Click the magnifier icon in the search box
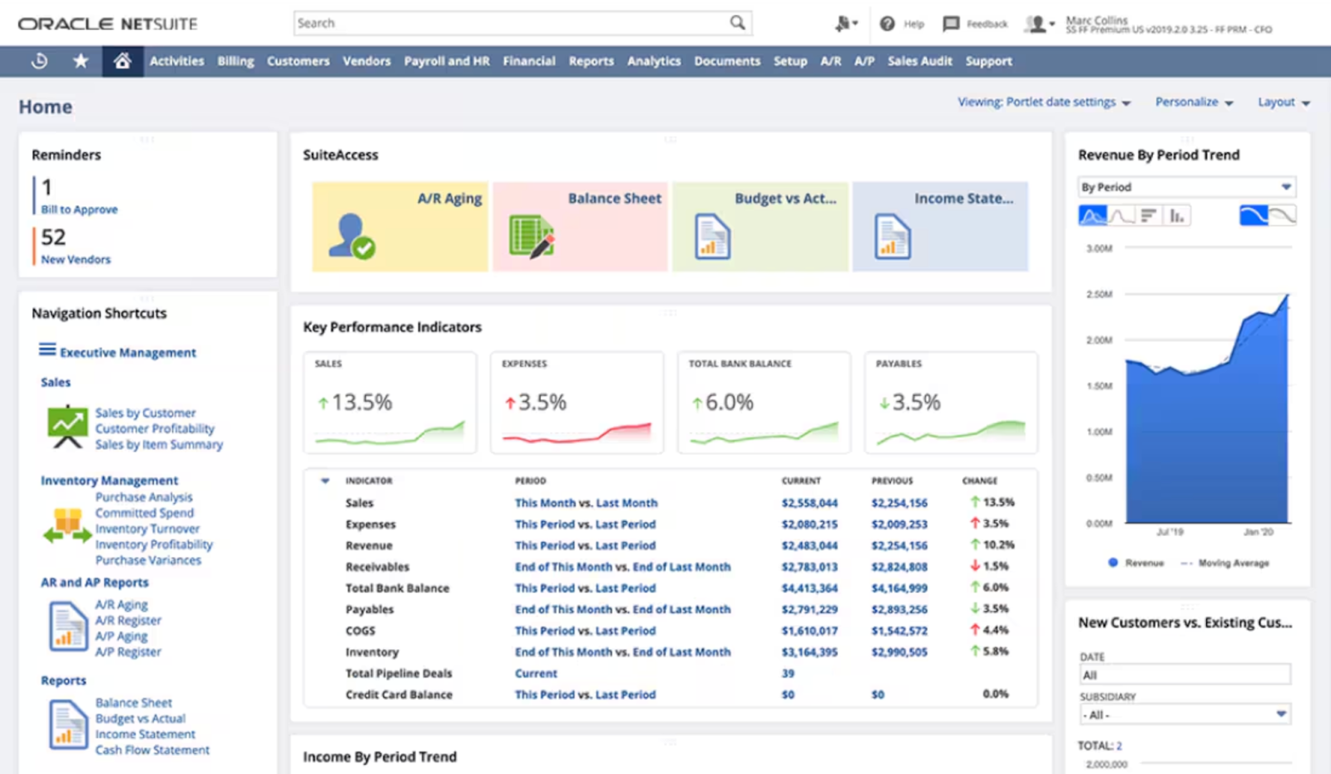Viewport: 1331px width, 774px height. pyautogui.click(x=737, y=23)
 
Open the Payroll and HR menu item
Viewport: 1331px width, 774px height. pyautogui.click(x=447, y=61)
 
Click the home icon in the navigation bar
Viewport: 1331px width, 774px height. pyautogui.click(x=122, y=61)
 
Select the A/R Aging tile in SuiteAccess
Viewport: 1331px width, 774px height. pyautogui.click(x=400, y=226)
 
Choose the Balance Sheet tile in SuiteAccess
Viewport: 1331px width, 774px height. pyautogui.click(x=580, y=226)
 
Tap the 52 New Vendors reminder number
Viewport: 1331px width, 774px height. pyautogui.click(x=53, y=238)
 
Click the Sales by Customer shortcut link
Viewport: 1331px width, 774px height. pyautogui.click(x=146, y=413)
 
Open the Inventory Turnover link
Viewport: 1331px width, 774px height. pyautogui.click(x=147, y=528)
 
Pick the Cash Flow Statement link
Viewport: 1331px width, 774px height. pyautogui.click(x=152, y=750)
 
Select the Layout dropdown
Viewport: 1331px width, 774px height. pyautogui.click(x=1283, y=102)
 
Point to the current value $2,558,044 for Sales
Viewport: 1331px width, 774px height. pyautogui.click(x=809, y=503)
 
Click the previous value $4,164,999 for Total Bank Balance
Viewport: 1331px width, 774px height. pyautogui.click(x=899, y=588)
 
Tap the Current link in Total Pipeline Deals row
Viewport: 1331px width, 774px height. pyautogui.click(x=536, y=673)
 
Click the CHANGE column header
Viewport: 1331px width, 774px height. pyautogui.click(x=979, y=481)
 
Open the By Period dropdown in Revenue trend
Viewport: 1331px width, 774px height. pyautogui.click(x=1186, y=187)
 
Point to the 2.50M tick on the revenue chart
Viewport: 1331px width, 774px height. pyautogui.click(x=1099, y=295)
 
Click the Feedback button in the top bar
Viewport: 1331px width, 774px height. pyautogui.click(x=976, y=24)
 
